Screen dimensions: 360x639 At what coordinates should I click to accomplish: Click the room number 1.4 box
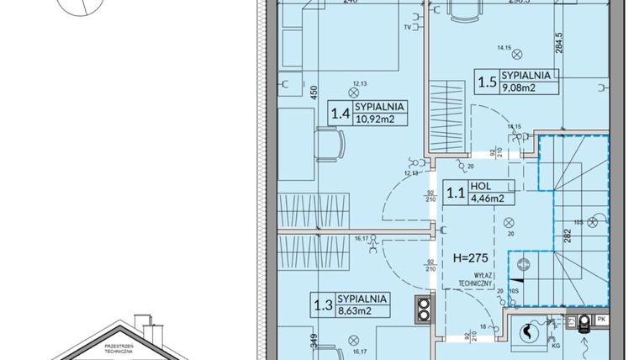pyautogui.click(x=341, y=113)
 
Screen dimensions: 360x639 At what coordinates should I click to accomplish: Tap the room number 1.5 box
pyautogui.click(x=487, y=82)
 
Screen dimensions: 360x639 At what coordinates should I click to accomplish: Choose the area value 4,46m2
pyautogui.click(x=487, y=199)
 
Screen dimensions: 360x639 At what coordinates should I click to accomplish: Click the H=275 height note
pyautogui.click(x=471, y=257)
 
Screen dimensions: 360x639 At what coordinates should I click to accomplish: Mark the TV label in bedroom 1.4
pyautogui.click(x=409, y=27)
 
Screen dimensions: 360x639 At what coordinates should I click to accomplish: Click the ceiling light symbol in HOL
pyautogui.click(x=507, y=222)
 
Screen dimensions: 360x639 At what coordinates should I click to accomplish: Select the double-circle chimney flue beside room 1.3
pyautogui.click(x=420, y=309)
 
